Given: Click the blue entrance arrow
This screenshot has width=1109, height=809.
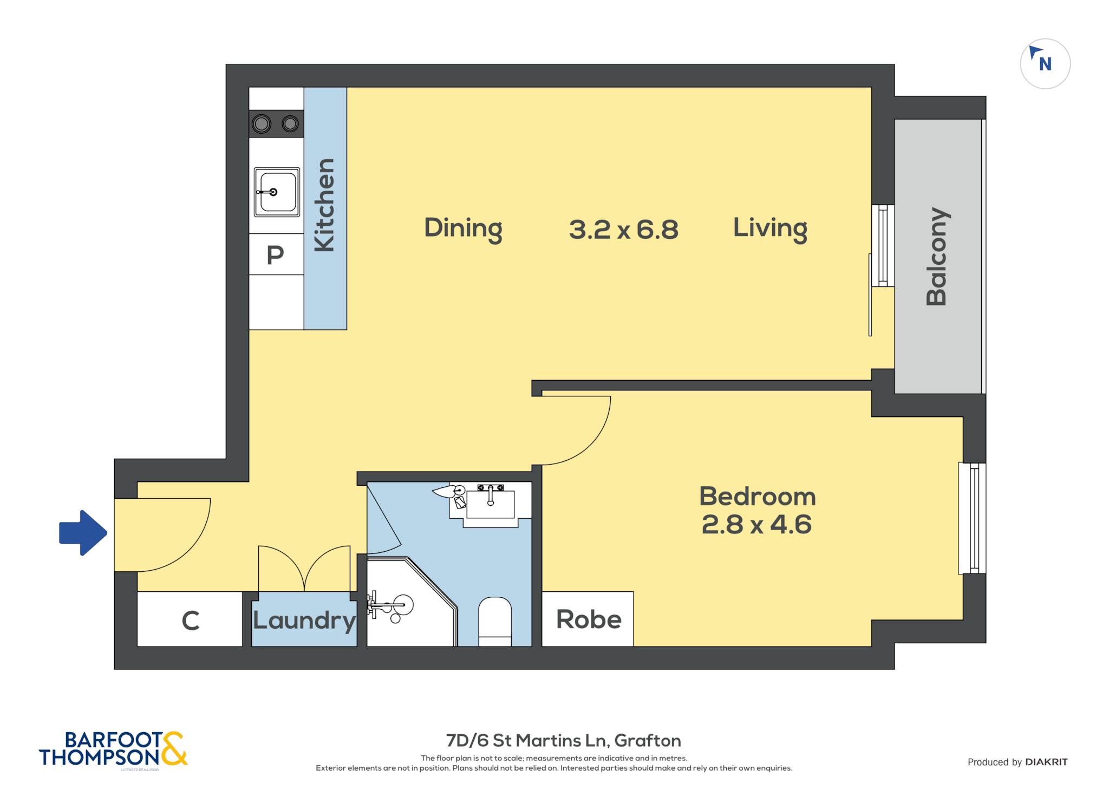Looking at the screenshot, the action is tap(83, 533).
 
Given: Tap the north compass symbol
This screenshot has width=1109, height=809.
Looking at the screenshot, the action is tap(1045, 64).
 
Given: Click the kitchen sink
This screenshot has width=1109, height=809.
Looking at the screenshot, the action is tap(277, 192).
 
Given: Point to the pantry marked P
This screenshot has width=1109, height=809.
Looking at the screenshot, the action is tap(276, 254).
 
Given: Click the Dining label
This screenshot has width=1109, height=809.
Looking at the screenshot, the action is tap(463, 229).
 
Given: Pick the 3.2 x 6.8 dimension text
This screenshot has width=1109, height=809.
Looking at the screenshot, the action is tap(623, 230).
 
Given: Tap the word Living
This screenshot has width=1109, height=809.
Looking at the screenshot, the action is tap(770, 229).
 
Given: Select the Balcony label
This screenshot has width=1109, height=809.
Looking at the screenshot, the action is tap(937, 256).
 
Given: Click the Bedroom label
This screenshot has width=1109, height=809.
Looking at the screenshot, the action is tap(758, 497).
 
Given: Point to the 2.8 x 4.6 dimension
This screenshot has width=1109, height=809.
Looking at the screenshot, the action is tap(756, 525).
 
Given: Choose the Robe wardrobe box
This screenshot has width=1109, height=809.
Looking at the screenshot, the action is tap(588, 619).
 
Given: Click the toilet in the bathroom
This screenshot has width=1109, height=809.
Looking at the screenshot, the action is tap(495, 622).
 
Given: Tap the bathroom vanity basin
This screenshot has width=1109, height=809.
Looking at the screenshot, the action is tap(491, 504).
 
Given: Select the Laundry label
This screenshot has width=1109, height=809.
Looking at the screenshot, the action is tap(304, 621).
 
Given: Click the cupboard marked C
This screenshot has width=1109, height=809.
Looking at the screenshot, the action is tap(190, 619).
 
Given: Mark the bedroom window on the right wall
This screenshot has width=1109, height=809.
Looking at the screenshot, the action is tap(972, 518).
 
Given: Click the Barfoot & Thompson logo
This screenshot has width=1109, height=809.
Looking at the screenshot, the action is tap(113, 749).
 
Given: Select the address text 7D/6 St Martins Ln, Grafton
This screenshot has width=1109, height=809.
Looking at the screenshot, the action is tap(563, 740).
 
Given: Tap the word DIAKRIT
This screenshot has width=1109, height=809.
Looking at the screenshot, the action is tap(1046, 762).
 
